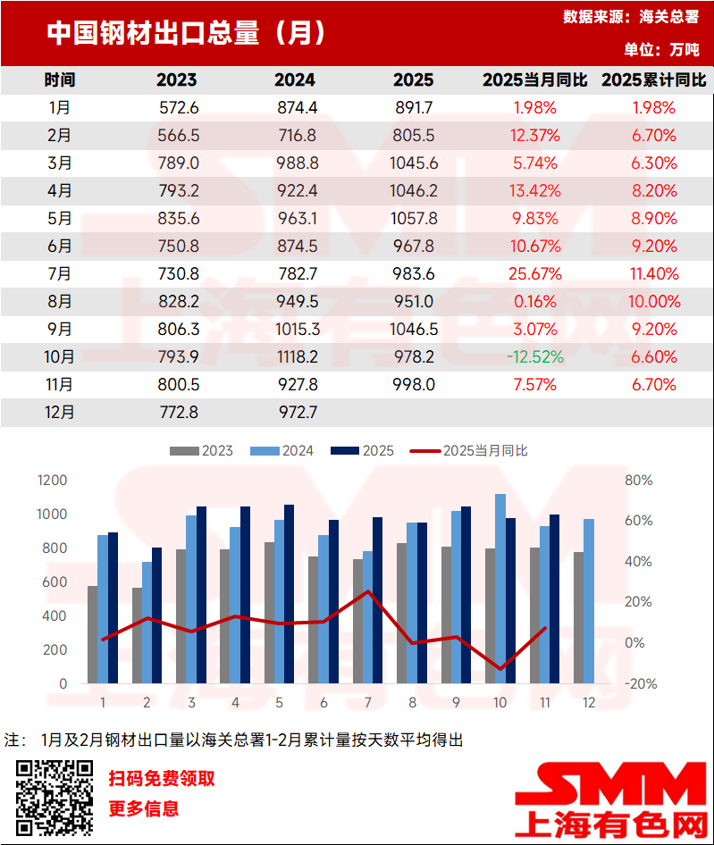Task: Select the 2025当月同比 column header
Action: click(535, 80)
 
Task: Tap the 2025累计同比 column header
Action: click(653, 80)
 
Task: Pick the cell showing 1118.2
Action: click(295, 357)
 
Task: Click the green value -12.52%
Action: click(535, 357)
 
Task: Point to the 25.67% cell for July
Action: click(535, 274)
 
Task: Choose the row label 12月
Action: click(60, 413)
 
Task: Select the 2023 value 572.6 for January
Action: click(176, 108)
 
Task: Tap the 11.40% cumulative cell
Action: click(653, 274)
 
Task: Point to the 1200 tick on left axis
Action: click(53, 481)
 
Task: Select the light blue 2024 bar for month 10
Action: click(500, 589)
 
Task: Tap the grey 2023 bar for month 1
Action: click(92, 634)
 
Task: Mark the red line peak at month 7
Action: click(367, 591)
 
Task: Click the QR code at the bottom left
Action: click(55, 797)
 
